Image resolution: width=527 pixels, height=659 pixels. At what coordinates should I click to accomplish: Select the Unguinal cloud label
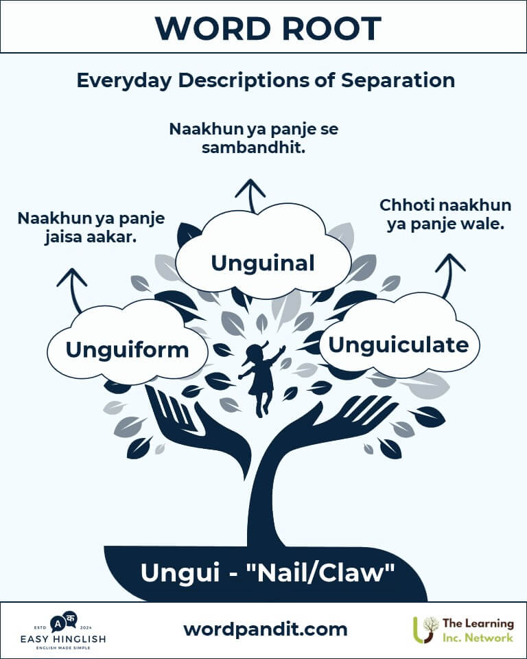pyautogui.click(x=263, y=263)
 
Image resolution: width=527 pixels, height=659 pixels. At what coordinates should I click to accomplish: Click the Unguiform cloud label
pyautogui.click(x=127, y=349)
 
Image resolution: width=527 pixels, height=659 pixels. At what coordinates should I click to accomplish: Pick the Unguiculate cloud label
pyautogui.click(x=398, y=345)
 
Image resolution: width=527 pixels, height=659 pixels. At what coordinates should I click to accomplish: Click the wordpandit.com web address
pyautogui.click(x=266, y=629)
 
